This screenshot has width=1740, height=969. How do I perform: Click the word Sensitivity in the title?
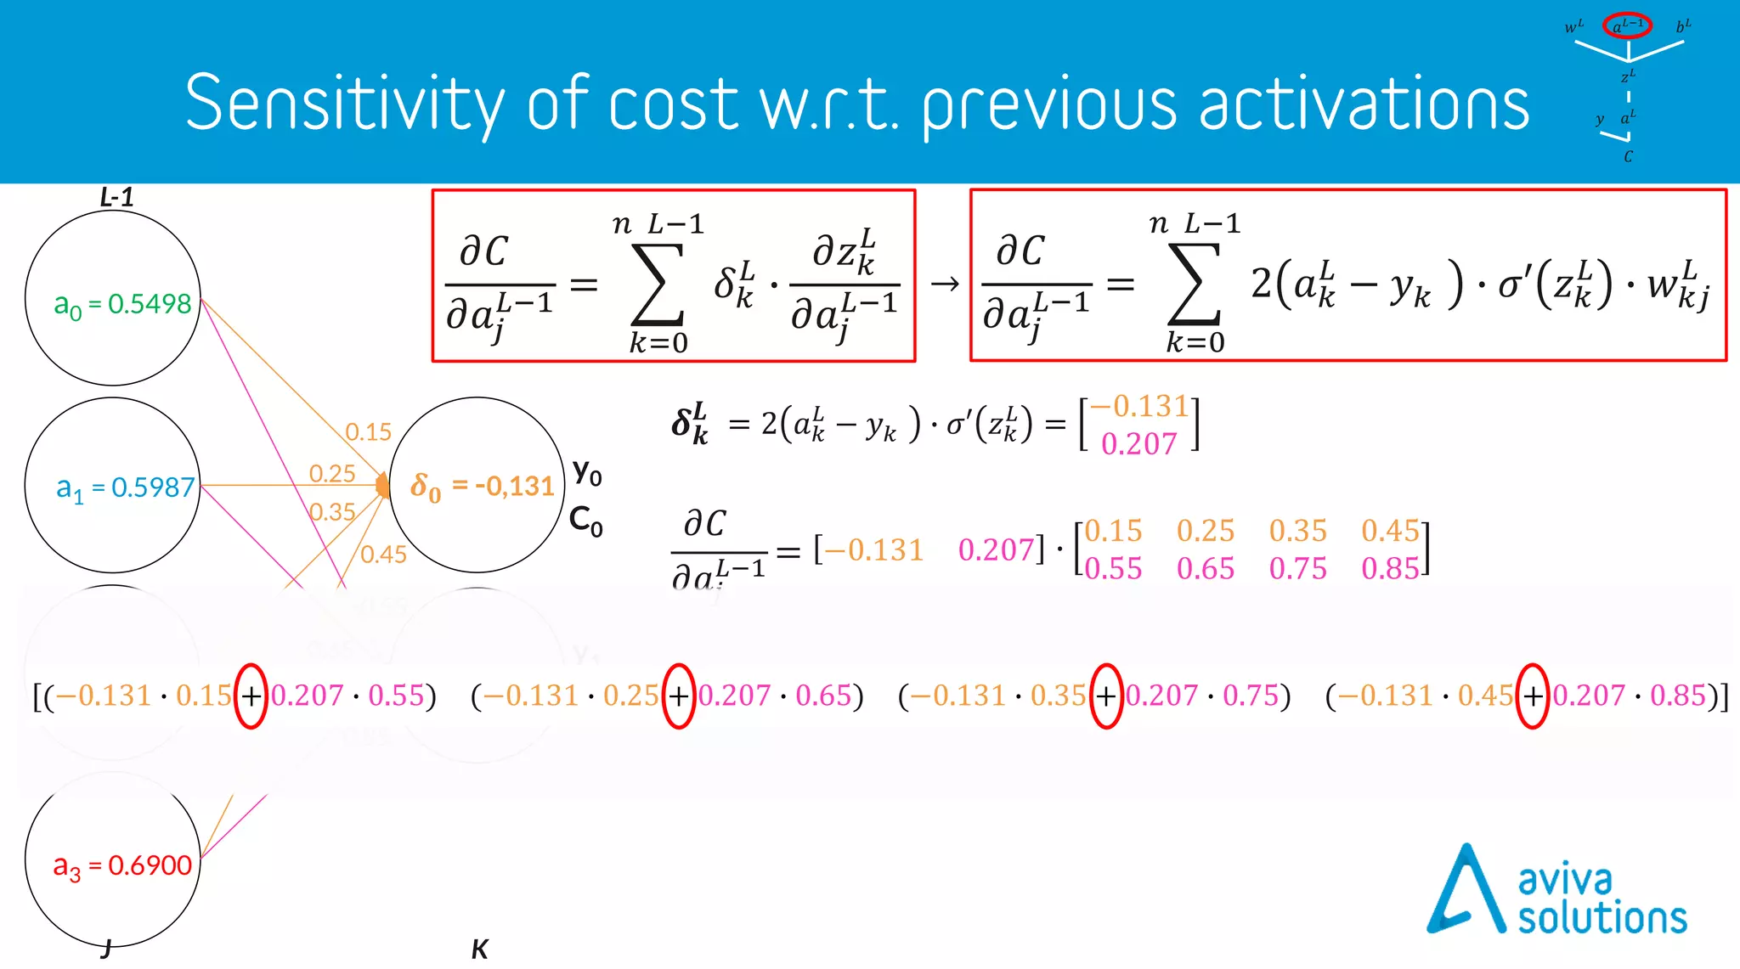click(345, 104)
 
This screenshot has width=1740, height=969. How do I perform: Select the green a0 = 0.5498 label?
click(122, 304)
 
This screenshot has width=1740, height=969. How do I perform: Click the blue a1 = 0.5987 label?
click(125, 488)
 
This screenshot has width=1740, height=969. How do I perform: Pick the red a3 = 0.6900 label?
click(122, 866)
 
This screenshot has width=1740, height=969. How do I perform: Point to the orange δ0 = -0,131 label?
click(482, 487)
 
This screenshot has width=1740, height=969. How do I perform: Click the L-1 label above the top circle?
click(116, 198)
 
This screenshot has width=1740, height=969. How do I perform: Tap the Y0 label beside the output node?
click(587, 472)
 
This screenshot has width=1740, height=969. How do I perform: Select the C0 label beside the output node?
click(585, 520)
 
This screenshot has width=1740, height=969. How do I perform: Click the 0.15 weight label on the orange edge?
click(368, 432)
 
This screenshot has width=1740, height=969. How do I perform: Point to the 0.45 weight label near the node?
click(383, 555)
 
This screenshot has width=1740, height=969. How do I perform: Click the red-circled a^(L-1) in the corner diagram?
click(1627, 25)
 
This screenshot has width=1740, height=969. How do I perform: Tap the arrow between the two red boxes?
click(944, 284)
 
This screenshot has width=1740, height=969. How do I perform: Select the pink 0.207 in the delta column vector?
click(1138, 444)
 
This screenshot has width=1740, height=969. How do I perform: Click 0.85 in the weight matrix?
click(1390, 569)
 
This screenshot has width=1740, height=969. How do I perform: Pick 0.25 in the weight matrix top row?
click(1205, 532)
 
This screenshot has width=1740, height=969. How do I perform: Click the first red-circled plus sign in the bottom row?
click(251, 696)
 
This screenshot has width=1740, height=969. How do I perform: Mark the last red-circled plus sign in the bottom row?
click(1532, 696)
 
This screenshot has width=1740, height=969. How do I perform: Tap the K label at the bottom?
click(480, 949)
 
